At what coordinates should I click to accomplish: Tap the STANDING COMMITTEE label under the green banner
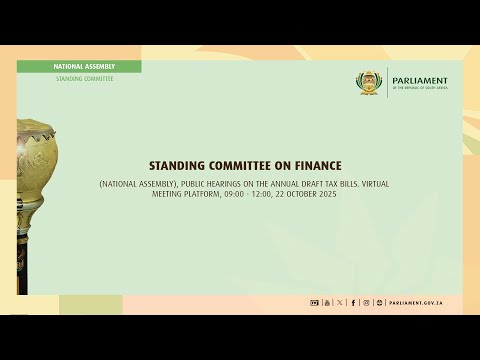click(84, 78)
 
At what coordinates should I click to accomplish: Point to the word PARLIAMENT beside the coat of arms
click(420, 81)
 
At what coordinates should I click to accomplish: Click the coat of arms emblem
click(371, 83)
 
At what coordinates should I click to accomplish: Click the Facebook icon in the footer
click(353, 303)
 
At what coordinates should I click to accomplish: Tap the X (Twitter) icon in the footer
click(340, 303)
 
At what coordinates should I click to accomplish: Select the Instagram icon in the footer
click(366, 303)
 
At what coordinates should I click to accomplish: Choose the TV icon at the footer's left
click(314, 303)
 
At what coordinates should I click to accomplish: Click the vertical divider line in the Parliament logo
click(387, 83)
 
